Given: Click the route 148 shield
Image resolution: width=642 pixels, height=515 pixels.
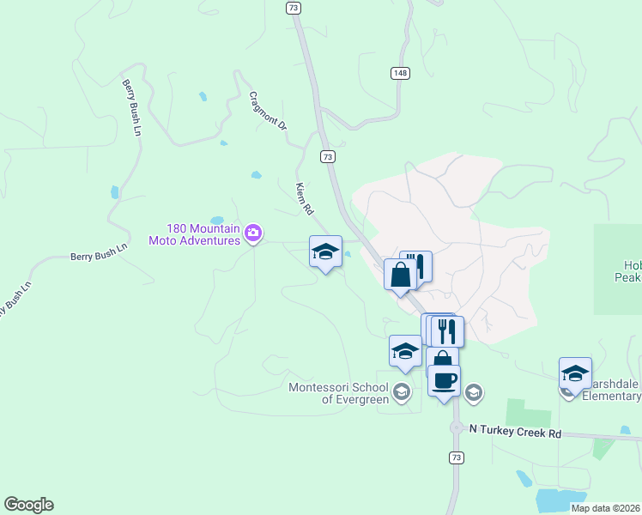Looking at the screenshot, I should [x=401, y=74].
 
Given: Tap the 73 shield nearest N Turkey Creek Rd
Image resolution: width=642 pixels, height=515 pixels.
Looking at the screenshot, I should [x=456, y=457].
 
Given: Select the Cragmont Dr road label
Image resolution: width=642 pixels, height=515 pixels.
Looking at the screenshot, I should [x=267, y=111].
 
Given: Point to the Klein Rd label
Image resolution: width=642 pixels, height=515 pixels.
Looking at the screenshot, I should [x=304, y=198].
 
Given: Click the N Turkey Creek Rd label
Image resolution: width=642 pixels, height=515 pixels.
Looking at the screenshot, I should [x=515, y=433].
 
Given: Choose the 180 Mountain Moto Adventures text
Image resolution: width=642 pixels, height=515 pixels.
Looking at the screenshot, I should [x=194, y=234].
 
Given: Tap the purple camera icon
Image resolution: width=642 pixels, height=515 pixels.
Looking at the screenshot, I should [x=253, y=233].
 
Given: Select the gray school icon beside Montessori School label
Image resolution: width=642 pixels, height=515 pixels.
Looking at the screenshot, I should [x=401, y=392].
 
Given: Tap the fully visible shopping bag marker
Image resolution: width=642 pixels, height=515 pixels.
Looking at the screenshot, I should [x=400, y=275].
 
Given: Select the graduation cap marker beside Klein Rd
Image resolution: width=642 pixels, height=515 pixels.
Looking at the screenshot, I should [x=325, y=251].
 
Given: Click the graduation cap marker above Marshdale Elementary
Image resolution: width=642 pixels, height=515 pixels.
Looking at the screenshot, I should [x=575, y=373].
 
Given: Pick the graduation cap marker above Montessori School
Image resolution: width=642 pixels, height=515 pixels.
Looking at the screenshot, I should [x=405, y=351].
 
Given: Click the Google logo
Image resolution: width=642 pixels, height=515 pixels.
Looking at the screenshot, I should [x=28, y=505].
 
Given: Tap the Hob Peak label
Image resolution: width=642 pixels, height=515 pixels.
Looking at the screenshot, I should [x=629, y=271].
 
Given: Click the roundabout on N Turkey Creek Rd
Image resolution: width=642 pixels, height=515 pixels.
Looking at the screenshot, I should [x=456, y=427].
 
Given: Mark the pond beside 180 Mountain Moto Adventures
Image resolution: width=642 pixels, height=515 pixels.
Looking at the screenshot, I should [x=216, y=221].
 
